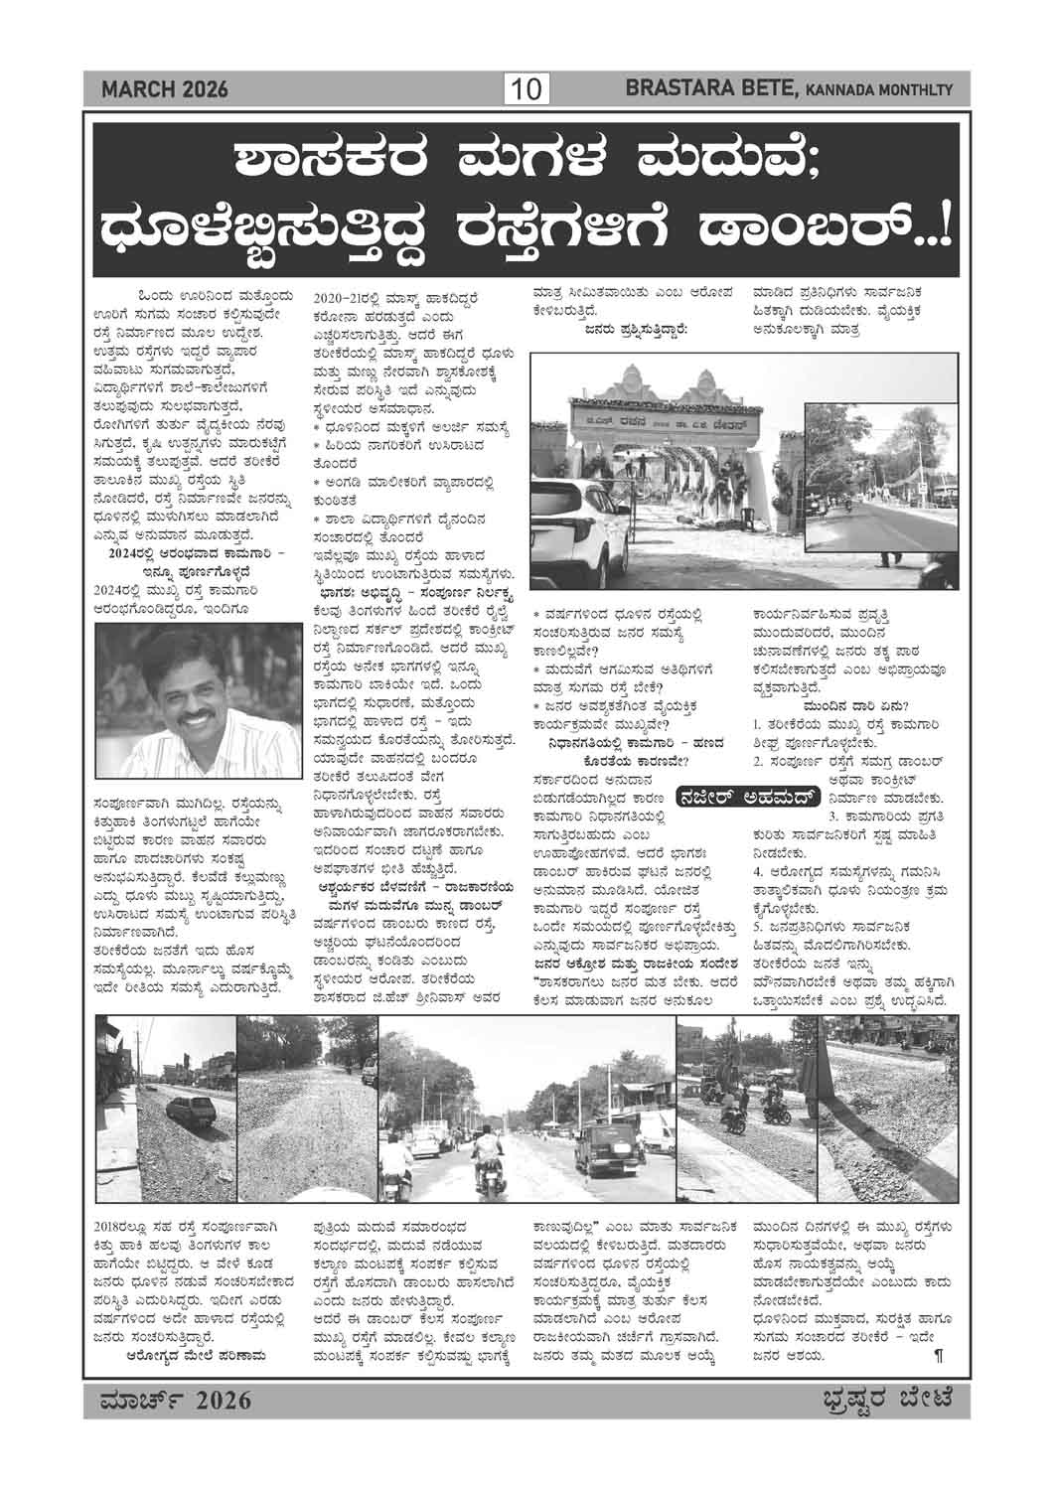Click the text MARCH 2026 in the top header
click(165, 90)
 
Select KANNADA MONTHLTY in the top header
click(878, 91)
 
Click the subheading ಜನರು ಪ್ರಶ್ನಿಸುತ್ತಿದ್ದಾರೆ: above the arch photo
click(637, 329)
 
